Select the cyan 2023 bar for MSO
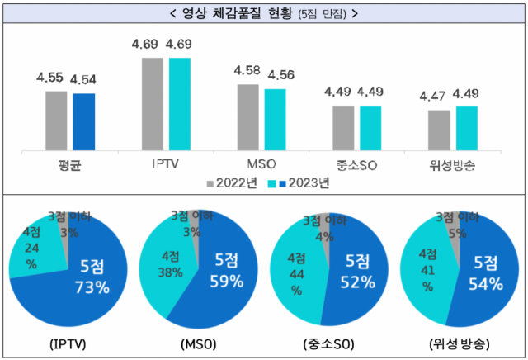(x=275, y=120)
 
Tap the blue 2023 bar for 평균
(x=83, y=122)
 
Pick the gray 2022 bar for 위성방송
(x=440, y=130)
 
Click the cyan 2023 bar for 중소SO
(x=370, y=128)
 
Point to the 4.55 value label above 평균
(x=49, y=78)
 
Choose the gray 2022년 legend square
(x=210, y=182)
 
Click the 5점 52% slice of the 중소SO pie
(x=359, y=277)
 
